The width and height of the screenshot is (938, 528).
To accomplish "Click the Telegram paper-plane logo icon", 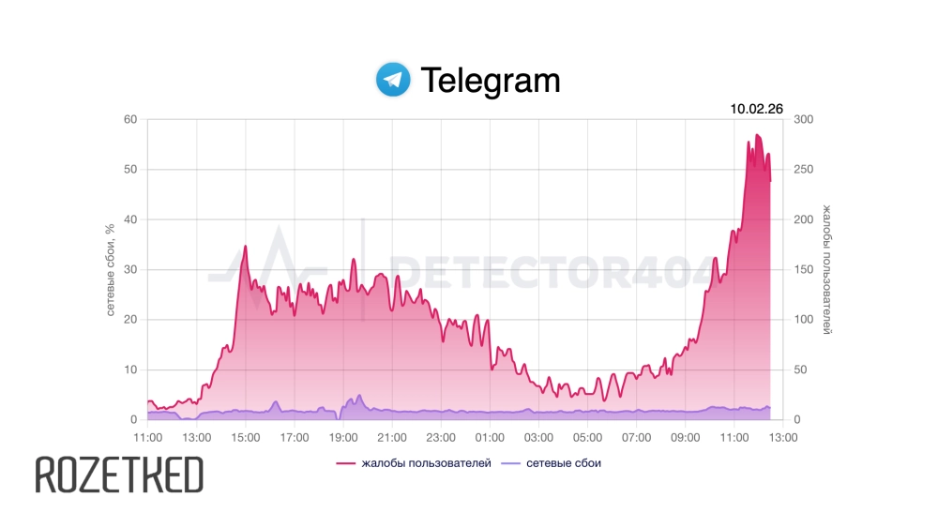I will (393, 80).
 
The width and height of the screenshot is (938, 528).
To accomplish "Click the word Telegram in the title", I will (490, 81).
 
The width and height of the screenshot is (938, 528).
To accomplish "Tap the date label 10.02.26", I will (756, 109).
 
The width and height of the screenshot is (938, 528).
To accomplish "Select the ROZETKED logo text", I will (119, 475).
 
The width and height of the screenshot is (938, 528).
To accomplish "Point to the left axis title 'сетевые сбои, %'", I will (110, 269).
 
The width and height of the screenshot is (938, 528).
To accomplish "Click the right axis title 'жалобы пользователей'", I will (827, 269).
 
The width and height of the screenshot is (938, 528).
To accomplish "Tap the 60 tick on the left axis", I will (129, 119).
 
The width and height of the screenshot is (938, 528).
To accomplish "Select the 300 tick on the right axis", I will (804, 119).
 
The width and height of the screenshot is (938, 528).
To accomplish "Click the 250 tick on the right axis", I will (804, 170).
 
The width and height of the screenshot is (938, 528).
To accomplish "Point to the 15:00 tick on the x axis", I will (246, 437).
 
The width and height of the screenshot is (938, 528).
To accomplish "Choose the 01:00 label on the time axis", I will (490, 437).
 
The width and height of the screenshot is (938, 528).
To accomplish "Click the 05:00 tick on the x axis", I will (587, 437).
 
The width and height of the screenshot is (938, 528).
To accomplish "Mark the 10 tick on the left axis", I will (130, 370).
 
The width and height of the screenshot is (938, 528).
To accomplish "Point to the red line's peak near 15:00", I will (245, 246).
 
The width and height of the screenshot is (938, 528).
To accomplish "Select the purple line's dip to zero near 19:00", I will (339, 418).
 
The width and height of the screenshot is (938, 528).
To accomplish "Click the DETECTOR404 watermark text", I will (553, 272).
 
